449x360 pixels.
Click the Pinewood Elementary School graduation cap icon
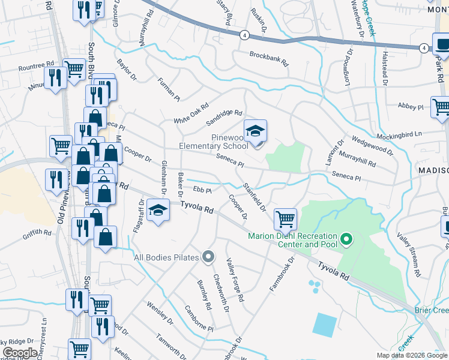pyautogui.click(x=255, y=131)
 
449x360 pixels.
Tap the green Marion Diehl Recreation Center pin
pyautogui.click(x=346, y=241)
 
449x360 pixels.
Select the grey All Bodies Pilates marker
pyautogui.click(x=208, y=257)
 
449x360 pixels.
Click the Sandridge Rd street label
pyautogui.click(x=224, y=113)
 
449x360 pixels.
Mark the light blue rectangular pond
pyautogui.click(x=325, y=325)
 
